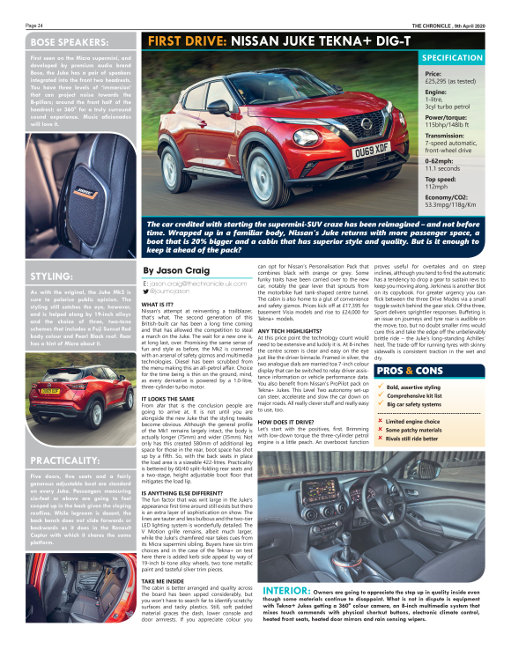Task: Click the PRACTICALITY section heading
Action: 68,460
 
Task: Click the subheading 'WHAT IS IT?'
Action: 158,304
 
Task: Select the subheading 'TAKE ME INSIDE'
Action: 162,582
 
